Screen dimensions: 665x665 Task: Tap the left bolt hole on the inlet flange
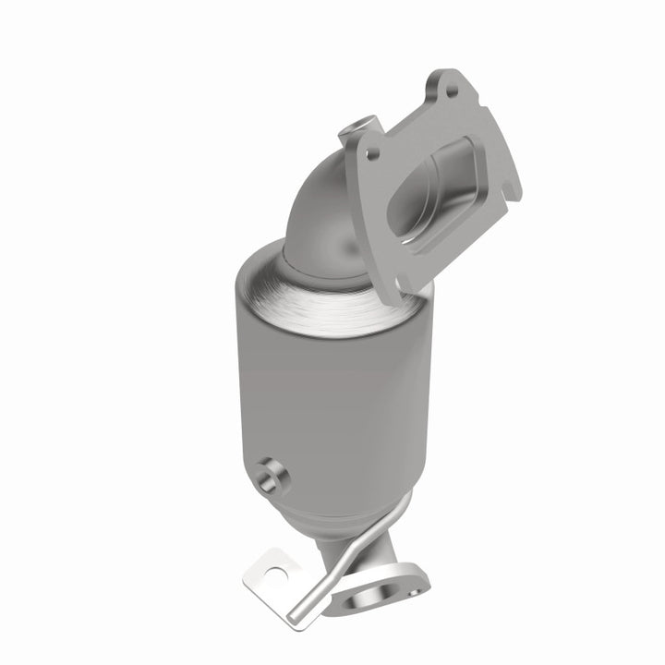point(371,154)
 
